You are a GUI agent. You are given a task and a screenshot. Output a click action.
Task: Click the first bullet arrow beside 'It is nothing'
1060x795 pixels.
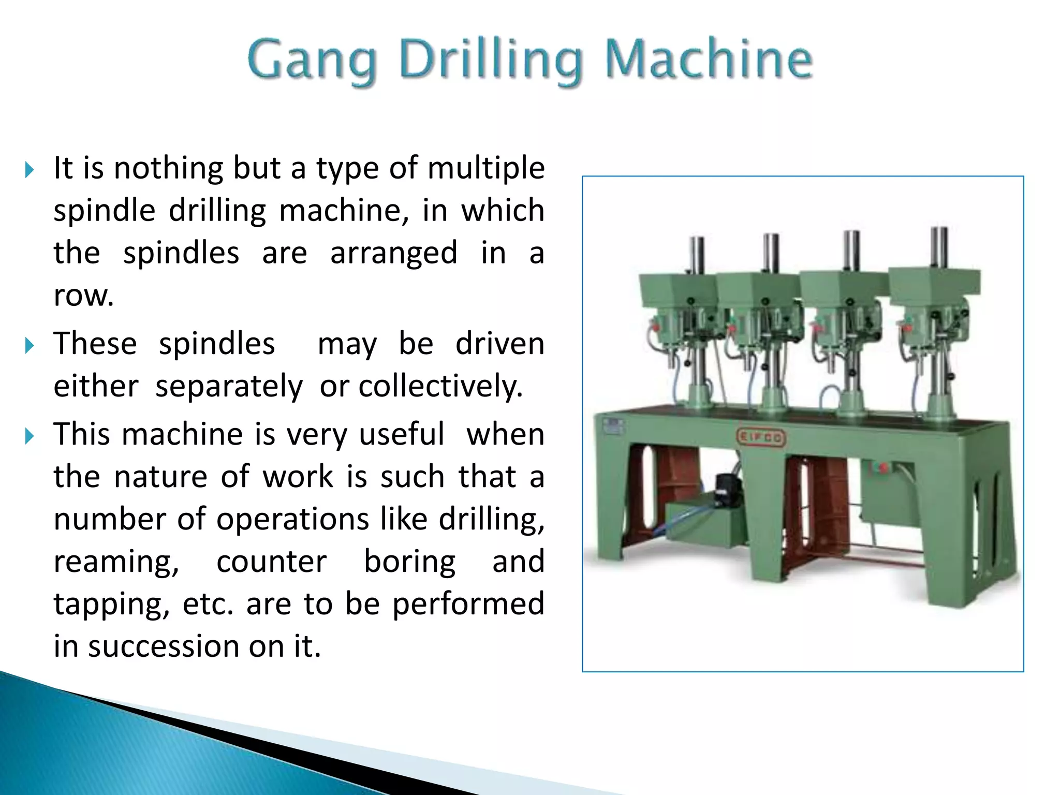click(30, 169)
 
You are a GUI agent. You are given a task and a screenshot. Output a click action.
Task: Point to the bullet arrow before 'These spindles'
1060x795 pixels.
click(30, 345)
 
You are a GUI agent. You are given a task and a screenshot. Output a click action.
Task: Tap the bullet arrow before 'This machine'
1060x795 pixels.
click(30, 435)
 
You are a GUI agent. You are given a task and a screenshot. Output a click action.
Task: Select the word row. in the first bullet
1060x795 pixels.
click(83, 296)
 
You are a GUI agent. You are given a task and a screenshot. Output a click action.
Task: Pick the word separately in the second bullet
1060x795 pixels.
click(229, 386)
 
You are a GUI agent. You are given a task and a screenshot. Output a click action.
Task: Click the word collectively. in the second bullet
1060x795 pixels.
click(440, 386)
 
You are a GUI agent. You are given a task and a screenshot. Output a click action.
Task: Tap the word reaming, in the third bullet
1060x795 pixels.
click(116, 562)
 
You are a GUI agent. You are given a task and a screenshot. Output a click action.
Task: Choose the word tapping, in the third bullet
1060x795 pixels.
click(112, 605)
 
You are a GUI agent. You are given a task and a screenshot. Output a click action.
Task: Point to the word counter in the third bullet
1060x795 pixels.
click(271, 562)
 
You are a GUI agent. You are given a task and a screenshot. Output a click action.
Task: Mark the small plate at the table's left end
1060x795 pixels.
click(614, 426)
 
